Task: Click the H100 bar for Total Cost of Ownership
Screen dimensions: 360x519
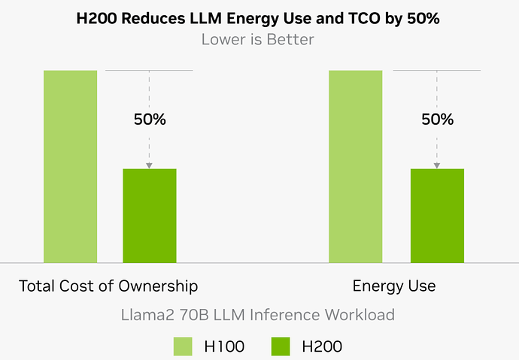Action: [71, 166]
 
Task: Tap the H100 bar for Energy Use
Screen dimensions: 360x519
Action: [356, 166]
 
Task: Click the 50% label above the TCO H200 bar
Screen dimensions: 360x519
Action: [150, 119]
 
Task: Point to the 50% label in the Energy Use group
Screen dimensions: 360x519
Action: [437, 119]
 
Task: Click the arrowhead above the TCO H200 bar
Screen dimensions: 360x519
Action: [150, 165]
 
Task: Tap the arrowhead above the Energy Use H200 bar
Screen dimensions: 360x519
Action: [437, 165]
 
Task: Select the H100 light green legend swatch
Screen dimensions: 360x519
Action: [184, 346]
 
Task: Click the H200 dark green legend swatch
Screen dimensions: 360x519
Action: [281, 346]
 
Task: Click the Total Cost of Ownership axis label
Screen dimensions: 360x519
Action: [108, 286]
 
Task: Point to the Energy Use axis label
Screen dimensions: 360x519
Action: [394, 286]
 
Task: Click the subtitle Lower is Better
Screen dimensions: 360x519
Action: [259, 38]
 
